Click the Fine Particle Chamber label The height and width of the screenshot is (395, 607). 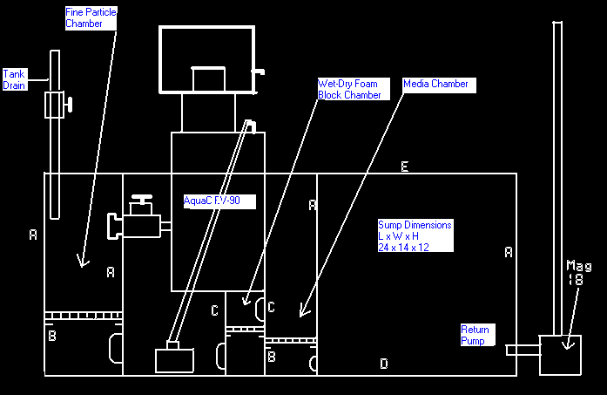click(x=91, y=17)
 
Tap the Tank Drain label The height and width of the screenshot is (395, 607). click(x=14, y=79)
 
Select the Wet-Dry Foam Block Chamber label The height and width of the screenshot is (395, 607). click(x=348, y=89)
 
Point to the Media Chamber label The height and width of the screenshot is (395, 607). click(x=435, y=84)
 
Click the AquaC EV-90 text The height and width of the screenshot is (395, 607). click(x=219, y=201)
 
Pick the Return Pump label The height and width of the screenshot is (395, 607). click(x=475, y=336)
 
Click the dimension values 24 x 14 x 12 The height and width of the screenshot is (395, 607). click(x=403, y=247)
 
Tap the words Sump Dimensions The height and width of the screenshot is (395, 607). click(x=415, y=225)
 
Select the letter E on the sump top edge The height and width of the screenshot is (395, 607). click(x=404, y=167)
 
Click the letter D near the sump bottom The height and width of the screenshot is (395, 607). click(x=383, y=364)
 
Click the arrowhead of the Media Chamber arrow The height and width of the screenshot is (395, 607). click(x=303, y=310)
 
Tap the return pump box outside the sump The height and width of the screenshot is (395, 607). click(x=561, y=355)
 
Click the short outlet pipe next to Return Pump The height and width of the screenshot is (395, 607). click(x=523, y=351)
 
